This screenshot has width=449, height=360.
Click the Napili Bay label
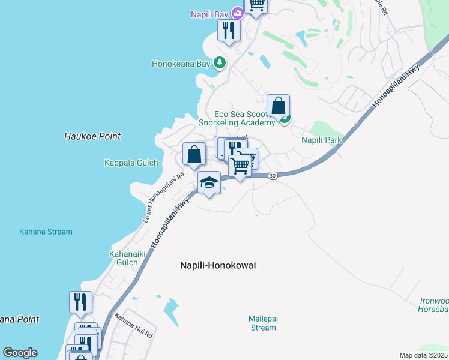click(210, 14)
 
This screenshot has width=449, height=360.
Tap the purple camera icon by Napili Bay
click(237, 13)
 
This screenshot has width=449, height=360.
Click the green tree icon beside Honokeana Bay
click(220, 62)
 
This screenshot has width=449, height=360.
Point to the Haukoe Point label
click(92, 136)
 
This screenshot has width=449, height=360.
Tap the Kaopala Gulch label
click(131, 163)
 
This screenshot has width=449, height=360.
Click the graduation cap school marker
click(209, 182)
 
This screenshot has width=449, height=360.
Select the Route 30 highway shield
click(273, 176)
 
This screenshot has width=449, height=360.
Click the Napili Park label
click(321, 140)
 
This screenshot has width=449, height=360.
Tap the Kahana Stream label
click(46, 232)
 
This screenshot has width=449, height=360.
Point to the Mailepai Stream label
click(263, 323)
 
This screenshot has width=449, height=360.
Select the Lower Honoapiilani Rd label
click(163, 199)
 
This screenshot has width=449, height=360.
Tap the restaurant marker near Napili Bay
click(229, 29)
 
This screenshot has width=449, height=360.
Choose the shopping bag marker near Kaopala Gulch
click(194, 154)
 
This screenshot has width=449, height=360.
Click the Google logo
click(20, 353)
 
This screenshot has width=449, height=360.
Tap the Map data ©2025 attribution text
click(424, 355)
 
